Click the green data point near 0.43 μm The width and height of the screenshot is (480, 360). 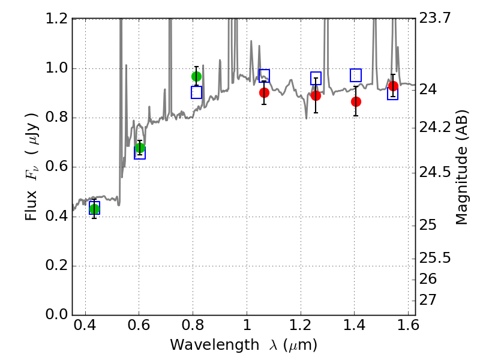(94, 209)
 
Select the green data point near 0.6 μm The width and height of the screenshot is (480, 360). (140, 148)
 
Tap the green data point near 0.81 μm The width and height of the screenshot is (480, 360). (196, 76)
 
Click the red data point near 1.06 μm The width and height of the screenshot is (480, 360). (264, 92)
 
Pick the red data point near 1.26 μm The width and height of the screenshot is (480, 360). (316, 95)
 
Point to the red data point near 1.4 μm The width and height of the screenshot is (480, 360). (356, 101)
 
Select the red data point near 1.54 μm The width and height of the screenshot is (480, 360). (393, 86)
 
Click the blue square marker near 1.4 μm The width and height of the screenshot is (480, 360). (356, 75)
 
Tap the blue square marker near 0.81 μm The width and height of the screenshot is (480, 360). (196, 92)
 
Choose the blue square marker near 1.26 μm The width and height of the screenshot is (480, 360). (316, 78)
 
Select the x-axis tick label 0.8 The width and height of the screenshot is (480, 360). (193, 327)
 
